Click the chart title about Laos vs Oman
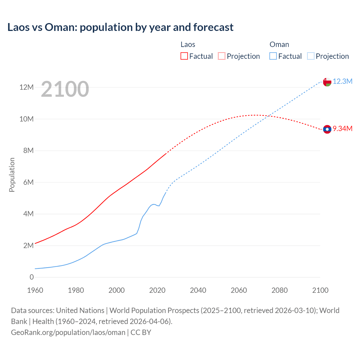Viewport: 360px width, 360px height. [120, 27]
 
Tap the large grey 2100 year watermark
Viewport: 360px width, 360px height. [65, 89]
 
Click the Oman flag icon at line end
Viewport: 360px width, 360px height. [327, 82]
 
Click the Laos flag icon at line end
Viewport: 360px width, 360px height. [327, 129]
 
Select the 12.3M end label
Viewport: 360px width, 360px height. [343, 82]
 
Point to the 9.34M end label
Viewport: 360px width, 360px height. [343, 129]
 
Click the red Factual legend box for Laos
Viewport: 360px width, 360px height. [184, 56]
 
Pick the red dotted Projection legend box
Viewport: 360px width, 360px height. [222, 56]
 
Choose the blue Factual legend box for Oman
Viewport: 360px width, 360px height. [273, 56]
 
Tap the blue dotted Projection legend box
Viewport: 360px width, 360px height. [311, 56]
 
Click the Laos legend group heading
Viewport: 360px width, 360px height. [188, 44]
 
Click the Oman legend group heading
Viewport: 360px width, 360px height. [279, 44]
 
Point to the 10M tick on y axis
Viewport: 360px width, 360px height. [26, 119]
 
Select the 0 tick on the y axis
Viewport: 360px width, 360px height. [31, 277]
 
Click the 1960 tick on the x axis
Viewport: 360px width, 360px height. [35, 290]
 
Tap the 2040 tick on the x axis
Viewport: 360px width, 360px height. [198, 290]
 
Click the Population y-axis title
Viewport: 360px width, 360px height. [12, 175]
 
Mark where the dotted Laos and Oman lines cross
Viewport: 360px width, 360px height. [269, 116]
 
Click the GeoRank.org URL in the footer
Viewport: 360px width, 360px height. [68, 332]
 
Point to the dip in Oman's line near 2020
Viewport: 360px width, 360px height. [159, 206]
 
